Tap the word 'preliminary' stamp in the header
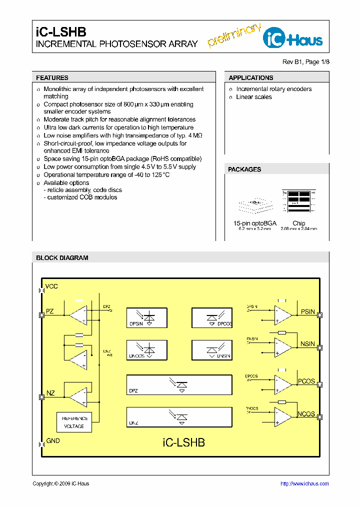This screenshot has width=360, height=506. coord(234,35)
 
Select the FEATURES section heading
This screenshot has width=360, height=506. coord(52,78)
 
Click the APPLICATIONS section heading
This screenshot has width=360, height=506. coord(251,78)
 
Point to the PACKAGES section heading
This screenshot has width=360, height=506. coord(244,169)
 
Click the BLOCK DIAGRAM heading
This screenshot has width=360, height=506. coord(62,258)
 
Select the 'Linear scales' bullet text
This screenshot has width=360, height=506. coord(254,97)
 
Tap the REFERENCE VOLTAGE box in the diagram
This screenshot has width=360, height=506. coord(74,422)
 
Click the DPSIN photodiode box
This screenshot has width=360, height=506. coord(147,317)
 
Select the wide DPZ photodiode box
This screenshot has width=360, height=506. coord(179,384)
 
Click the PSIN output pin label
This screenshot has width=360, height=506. coord(307,312)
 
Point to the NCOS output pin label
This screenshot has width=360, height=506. coord(306,414)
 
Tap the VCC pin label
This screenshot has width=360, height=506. coord(51,286)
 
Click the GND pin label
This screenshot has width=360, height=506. coord(52,441)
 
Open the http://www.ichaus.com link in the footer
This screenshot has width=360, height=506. coord(304,483)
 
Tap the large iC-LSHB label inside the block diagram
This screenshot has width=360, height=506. coord(184,442)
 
